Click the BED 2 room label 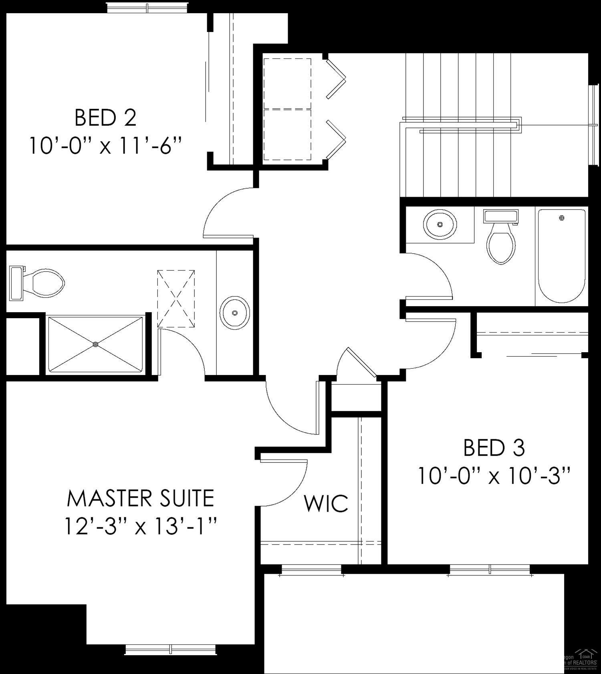click(105, 118)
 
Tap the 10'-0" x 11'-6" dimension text click(105, 146)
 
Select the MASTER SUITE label click(140, 498)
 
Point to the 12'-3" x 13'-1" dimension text click(140, 526)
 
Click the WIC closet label click(326, 504)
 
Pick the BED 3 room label click(494, 448)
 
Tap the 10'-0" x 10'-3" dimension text click(494, 476)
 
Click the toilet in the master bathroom click(40, 284)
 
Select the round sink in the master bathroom click(235, 313)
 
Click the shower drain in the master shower click(95, 344)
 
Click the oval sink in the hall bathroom click(440, 224)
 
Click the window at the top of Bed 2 click(147, 8)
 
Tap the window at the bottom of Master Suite click(171, 649)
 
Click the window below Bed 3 click(490, 569)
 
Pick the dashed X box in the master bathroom click(176, 299)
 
